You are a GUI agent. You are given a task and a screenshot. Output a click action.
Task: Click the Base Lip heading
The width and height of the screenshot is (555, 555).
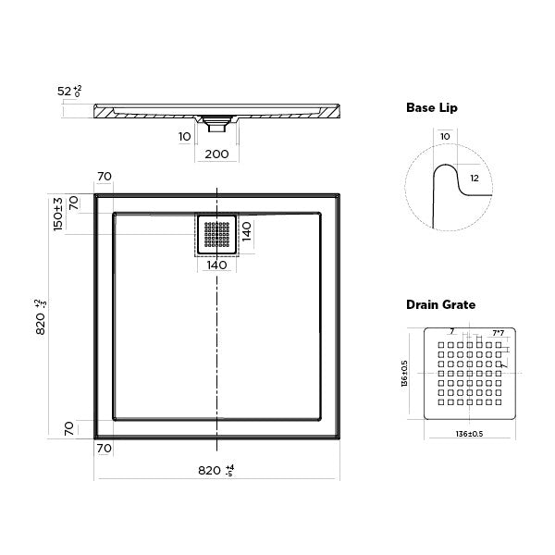coord(432,108)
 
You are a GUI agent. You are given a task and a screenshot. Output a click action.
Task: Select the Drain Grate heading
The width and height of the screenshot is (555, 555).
coord(440,304)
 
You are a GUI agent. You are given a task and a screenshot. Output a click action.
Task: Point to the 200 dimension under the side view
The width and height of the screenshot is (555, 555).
coord(216,154)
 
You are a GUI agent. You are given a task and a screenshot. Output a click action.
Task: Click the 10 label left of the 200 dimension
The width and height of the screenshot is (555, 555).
coord(184,137)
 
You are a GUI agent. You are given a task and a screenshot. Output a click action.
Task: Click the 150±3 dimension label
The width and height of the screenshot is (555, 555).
coord(58,213)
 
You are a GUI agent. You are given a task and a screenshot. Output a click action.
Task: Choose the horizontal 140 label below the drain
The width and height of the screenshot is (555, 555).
coord(216,265)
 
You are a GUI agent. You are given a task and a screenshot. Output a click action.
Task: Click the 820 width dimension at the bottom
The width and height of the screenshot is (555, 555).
coord(216,470)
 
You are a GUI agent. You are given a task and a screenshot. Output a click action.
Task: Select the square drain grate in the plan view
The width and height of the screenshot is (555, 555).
coord(216,235)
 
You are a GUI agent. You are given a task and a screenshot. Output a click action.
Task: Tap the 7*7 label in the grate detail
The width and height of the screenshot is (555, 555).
coord(498,333)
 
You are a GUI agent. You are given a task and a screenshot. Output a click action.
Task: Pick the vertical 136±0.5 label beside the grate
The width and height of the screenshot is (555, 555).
coord(405,375)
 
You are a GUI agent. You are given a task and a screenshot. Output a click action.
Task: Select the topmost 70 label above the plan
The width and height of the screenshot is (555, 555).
coord(104,177)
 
